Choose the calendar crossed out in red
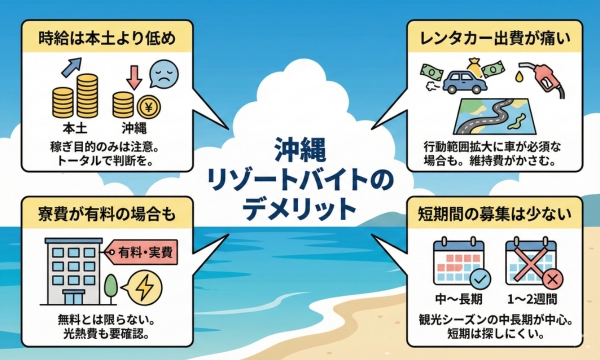531,264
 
